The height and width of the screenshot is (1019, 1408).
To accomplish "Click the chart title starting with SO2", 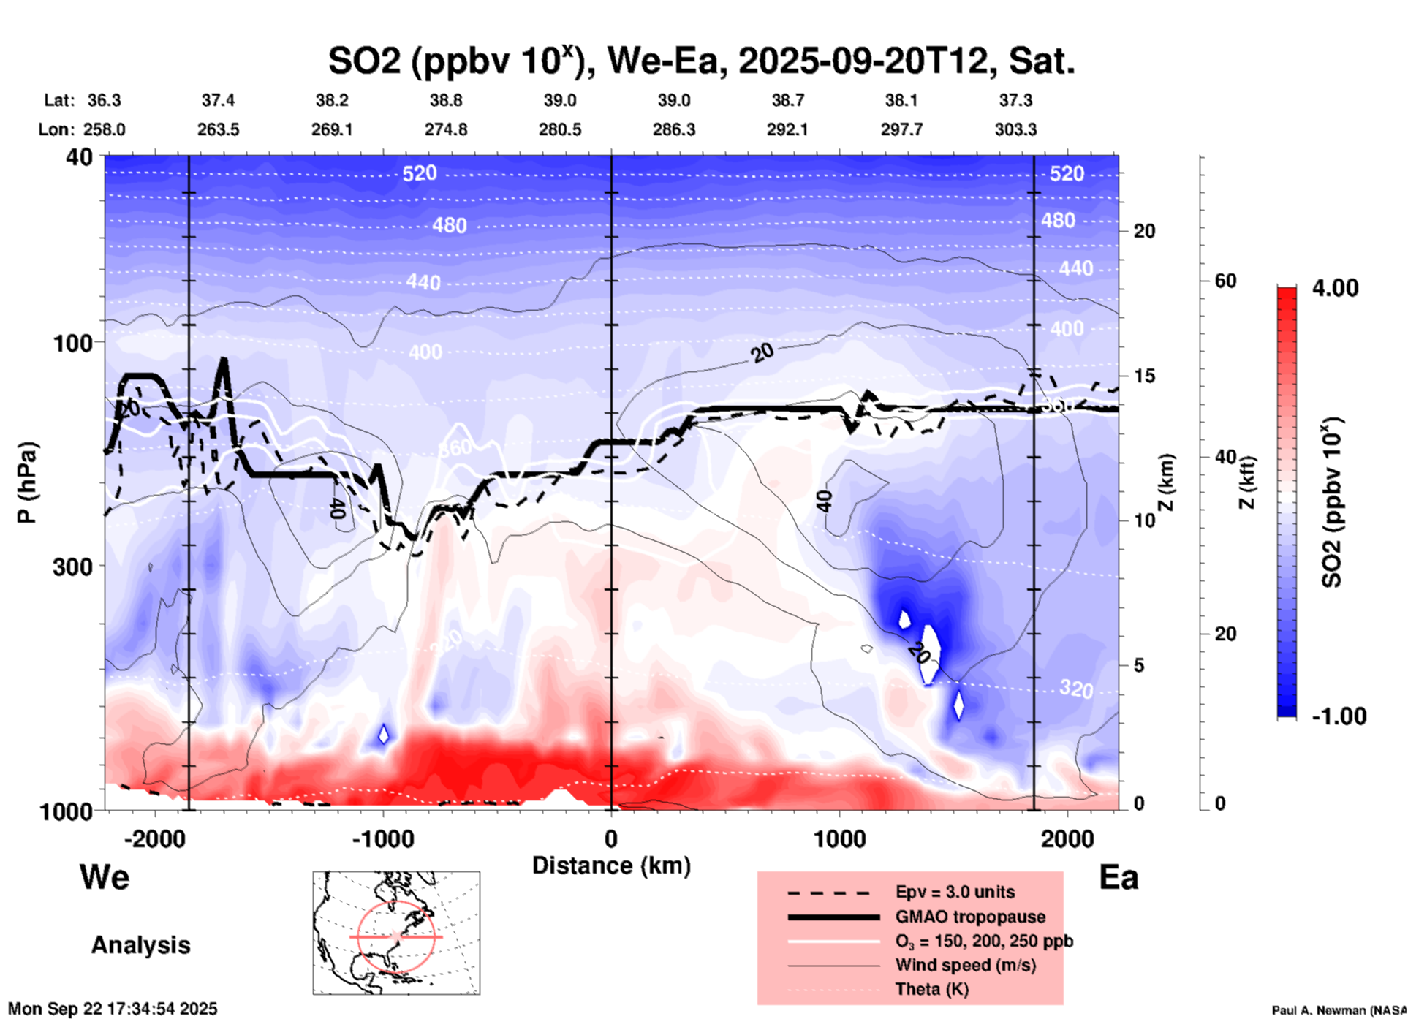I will (701, 61).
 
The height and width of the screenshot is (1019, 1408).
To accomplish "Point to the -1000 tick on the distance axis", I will (382, 839).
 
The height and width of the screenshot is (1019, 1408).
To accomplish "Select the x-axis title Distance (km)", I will (611, 865).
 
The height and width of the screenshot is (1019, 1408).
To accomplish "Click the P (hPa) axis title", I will (28, 482).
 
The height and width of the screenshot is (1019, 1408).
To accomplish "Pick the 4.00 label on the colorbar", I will (1335, 288).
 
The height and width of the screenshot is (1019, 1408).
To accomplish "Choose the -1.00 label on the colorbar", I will (1339, 716).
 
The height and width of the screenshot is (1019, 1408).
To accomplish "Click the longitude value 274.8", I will (446, 130).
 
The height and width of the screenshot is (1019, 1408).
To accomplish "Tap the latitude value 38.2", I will (332, 100).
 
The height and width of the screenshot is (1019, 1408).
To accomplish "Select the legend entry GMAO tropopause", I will (970, 917).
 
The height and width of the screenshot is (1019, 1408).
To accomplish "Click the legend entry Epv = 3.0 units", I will (955, 893).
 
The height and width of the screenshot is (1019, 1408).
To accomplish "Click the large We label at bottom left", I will (105, 877).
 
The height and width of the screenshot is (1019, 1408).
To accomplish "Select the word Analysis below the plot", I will (140, 945).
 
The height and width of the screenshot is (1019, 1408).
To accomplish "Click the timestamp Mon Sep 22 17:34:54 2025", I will (113, 1009).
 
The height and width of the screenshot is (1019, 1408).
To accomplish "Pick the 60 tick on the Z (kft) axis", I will (1225, 281).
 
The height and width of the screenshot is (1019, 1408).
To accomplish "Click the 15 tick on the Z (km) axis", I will (1144, 376).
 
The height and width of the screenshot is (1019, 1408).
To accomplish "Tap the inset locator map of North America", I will (396, 933).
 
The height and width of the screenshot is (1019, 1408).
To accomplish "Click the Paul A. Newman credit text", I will (1338, 1010).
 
